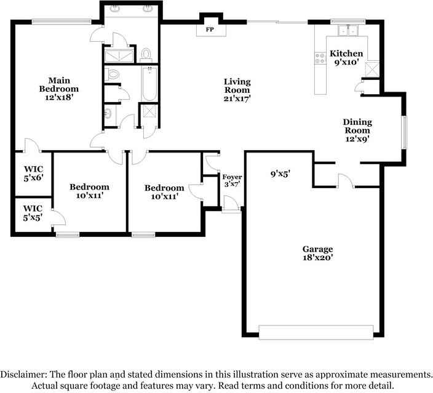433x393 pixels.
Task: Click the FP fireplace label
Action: point(210,30)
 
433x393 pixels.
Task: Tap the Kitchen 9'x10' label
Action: point(346,57)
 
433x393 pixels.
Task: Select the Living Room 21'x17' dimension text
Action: point(237,98)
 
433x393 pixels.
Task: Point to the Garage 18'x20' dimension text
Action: point(317,258)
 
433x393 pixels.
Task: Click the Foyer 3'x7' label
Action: point(232,181)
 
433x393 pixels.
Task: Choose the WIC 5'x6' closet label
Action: point(33,173)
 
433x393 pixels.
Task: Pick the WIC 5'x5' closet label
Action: point(33,213)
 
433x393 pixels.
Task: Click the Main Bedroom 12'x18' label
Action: point(59,89)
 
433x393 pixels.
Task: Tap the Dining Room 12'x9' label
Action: point(357,130)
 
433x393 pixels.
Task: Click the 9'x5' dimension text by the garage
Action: point(280,173)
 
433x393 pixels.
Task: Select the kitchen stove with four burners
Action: point(320,58)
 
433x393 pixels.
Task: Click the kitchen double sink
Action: point(348,30)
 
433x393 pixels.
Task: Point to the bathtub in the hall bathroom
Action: point(149,84)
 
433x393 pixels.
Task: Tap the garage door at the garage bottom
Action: point(316,332)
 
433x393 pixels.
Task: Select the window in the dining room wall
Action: point(404,132)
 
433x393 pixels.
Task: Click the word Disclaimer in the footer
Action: point(23,375)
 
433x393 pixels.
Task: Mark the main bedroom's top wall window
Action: point(62,22)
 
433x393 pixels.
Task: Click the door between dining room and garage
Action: point(346,181)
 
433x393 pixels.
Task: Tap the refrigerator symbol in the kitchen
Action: point(372,68)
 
